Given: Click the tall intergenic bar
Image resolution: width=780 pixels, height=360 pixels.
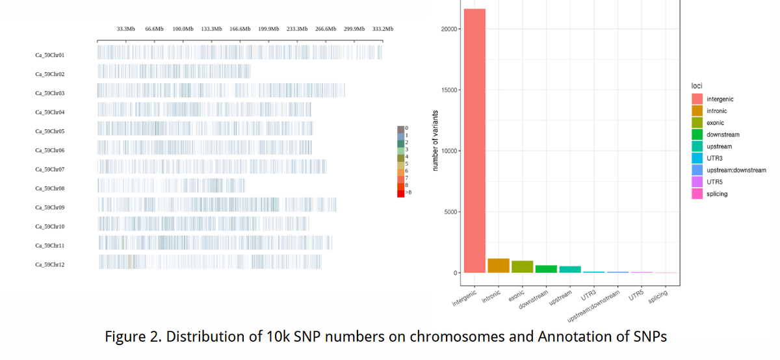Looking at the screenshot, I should point(474,140).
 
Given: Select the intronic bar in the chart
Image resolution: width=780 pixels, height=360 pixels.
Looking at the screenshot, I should point(499,266).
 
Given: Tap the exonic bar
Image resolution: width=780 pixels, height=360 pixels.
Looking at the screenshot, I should point(522,266).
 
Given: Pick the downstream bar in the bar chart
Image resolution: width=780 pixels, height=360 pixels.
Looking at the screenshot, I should point(546,269).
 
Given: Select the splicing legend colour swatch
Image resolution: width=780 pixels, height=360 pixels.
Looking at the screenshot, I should point(697,194).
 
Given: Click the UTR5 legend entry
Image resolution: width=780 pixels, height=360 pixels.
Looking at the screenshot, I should point(716,182).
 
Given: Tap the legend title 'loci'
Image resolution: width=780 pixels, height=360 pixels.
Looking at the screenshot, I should point(696,86).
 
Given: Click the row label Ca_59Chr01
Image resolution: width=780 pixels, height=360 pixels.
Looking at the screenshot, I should point(50,55).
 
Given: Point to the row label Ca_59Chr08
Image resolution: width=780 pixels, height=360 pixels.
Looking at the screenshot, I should point(50,188).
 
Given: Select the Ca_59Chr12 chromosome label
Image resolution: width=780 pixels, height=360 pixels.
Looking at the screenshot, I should point(50,264).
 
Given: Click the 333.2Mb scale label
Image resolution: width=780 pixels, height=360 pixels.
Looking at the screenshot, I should point(383,29).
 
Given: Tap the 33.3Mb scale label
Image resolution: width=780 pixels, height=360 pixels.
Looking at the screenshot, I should point(126,29).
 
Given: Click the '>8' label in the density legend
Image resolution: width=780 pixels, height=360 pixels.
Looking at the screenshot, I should point(408,193).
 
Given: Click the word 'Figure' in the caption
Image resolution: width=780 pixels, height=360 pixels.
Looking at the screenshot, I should point(124,337).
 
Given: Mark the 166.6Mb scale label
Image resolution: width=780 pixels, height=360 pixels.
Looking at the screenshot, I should point(240,29).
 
